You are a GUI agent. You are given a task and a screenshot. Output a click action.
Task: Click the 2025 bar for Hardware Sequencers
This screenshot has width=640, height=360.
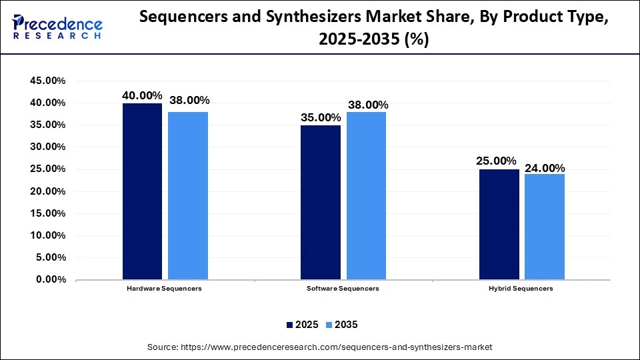(142, 191)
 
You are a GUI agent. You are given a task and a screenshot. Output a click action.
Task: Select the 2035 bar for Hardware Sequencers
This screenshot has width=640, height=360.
(188, 195)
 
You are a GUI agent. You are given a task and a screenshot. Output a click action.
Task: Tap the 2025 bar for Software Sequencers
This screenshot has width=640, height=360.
(320, 202)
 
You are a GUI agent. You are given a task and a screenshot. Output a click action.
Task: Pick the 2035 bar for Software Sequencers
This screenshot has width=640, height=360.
(366, 195)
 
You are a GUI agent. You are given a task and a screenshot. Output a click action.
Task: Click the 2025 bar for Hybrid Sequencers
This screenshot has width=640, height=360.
(499, 224)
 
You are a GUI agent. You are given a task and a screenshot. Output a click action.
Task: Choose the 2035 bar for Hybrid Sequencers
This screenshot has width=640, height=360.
(545, 227)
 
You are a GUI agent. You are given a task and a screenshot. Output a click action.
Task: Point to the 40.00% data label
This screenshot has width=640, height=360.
(142, 95)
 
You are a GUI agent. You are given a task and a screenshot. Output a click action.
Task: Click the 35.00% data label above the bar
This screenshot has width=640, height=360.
(320, 117)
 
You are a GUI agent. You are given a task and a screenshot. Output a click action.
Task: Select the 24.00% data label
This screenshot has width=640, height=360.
(545, 168)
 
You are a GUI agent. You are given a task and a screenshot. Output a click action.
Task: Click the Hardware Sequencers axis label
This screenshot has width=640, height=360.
(164, 289)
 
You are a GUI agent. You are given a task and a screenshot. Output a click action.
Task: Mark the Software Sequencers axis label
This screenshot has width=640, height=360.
(343, 289)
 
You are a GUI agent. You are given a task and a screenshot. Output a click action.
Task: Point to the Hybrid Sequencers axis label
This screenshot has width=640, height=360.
(522, 289)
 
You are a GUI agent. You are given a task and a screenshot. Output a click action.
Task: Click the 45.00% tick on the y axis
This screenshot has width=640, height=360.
(47, 81)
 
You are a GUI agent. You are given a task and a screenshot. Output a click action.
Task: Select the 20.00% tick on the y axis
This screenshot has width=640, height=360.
(47, 191)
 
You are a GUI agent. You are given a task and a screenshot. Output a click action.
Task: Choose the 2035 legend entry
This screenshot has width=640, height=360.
(341, 325)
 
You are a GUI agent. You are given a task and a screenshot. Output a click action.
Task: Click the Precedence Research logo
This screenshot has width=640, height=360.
(57, 27)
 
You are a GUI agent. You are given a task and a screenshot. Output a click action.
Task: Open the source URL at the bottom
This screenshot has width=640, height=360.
(319, 347)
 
